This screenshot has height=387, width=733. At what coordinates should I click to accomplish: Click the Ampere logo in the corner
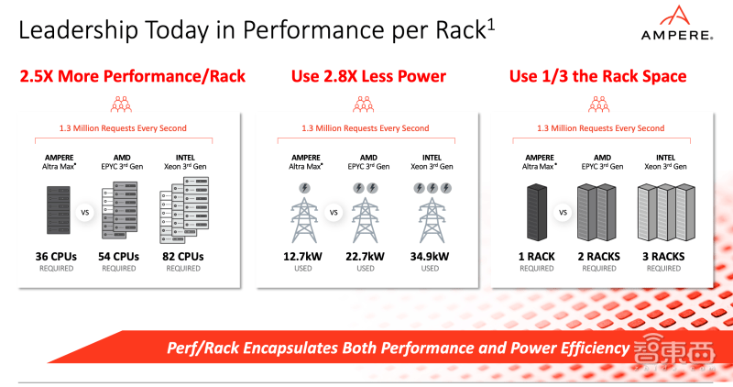point(677,23)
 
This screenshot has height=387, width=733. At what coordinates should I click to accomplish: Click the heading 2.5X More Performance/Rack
point(132,76)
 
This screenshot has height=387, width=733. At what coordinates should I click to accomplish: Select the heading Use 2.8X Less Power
point(368,76)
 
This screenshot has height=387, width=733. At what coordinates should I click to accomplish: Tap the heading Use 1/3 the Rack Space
point(598,76)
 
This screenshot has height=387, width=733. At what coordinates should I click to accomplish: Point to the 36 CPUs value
point(56,257)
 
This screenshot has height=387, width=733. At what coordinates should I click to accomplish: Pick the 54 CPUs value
point(119,257)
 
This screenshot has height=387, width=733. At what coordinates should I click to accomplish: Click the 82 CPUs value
point(183,257)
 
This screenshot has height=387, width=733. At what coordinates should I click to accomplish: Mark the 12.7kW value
point(302,257)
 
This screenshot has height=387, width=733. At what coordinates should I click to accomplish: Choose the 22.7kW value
point(365,257)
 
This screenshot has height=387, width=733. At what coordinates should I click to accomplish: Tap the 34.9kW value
point(430,257)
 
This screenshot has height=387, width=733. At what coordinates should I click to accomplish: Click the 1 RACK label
point(537,257)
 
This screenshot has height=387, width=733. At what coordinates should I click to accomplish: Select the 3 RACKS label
point(663,257)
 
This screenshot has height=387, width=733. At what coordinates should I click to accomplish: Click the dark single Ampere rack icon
point(537,212)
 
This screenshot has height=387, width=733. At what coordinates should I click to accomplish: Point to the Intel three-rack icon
point(666,212)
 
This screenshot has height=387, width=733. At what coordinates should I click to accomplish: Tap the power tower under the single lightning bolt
point(304,220)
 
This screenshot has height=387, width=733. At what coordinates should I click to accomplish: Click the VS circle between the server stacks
point(85,213)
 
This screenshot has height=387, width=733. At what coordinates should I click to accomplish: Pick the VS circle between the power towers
point(334,213)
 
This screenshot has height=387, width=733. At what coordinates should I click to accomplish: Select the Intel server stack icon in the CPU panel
point(184,210)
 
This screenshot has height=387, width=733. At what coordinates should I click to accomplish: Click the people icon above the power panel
point(364,105)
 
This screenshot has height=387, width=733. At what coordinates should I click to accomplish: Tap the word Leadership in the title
point(79,30)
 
